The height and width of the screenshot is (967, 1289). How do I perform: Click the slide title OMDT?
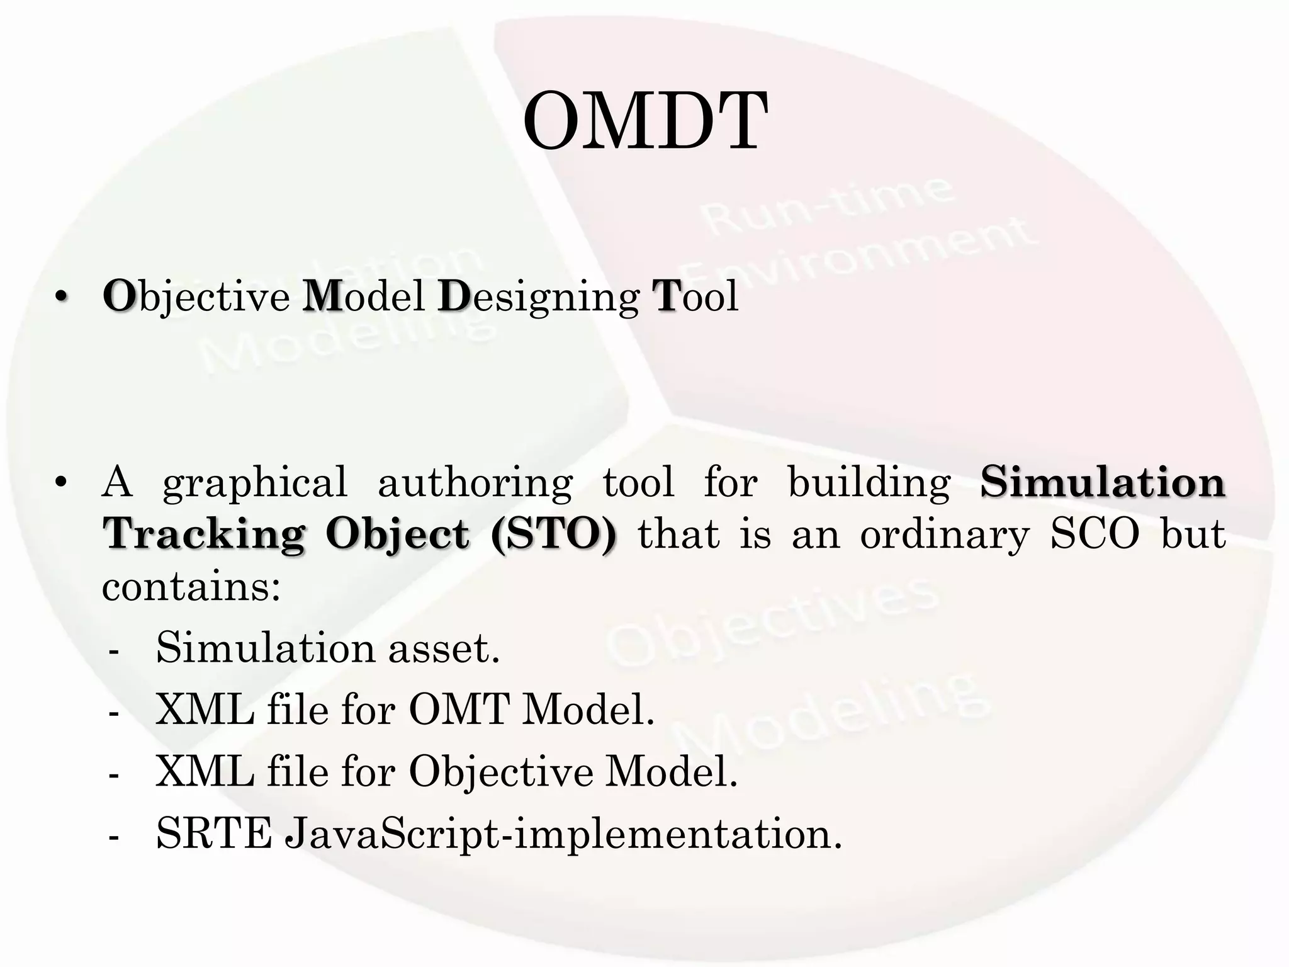pos(644,122)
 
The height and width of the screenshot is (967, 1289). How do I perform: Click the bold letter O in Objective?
pos(119,296)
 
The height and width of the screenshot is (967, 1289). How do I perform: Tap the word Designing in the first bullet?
pos(538,297)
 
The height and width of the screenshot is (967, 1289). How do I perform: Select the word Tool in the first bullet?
pos(695,296)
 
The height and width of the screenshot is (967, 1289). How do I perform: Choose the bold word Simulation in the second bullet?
pos(1102,482)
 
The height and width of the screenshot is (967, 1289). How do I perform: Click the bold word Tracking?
pos(205,534)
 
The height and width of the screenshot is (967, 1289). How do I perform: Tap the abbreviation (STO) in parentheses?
pos(554,535)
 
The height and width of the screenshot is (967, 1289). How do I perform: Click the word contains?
pos(191,587)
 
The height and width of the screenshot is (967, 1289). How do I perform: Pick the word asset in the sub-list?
pos(443,648)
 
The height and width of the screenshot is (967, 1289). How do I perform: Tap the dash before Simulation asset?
pos(114,651)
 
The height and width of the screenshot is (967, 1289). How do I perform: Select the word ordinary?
pos(944,535)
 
